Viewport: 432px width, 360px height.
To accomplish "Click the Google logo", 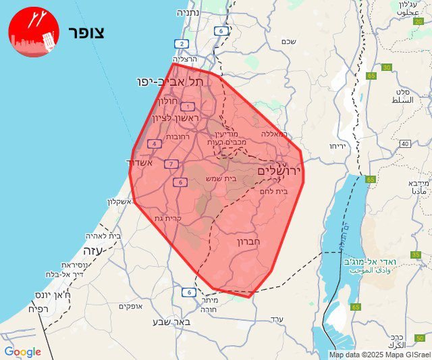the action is pyautogui.click(x=22, y=352).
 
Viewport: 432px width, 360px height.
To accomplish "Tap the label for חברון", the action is pyautogui.click(x=253, y=241).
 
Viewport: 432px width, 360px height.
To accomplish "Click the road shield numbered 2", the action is pyautogui.click(x=181, y=44).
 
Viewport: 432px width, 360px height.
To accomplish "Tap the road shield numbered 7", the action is pyautogui.click(x=171, y=164).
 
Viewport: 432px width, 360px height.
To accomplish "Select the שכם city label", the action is pyautogui.click(x=288, y=42).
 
